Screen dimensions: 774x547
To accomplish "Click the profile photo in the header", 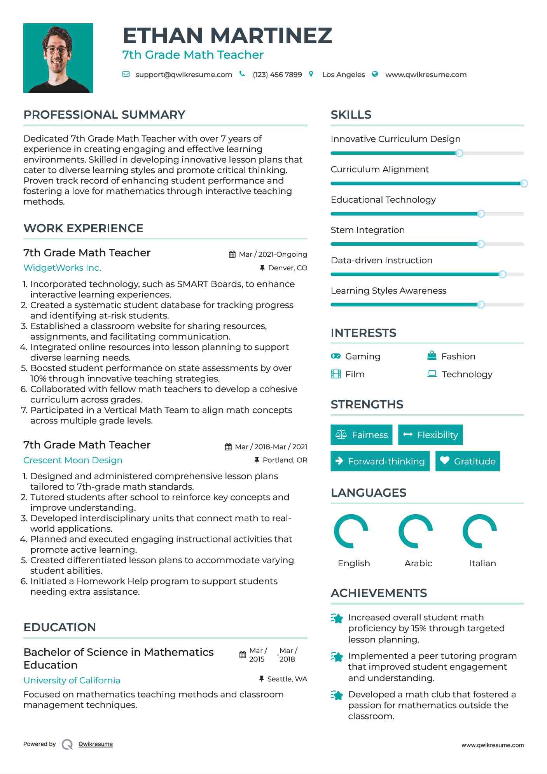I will (x=58, y=58).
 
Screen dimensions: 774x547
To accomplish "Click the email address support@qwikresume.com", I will (x=183, y=75).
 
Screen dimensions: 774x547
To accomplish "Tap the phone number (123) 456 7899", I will (x=277, y=75).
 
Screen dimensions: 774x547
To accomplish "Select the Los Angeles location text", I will (x=344, y=75).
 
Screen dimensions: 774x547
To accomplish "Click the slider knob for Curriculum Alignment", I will (x=524, y=183).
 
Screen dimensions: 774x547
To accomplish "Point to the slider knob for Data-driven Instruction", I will (x=502, y=274).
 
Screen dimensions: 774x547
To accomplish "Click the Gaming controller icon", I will (x=336, y=356).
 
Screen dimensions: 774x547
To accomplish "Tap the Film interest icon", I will (x=336, y=374).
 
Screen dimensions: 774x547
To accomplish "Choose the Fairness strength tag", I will (x=362, y=435).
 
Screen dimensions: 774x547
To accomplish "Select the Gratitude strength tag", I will (x=468, y=461).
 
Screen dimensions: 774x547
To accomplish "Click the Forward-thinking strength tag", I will (x=380, y=461).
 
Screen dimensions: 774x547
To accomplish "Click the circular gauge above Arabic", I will (x=415, y=531).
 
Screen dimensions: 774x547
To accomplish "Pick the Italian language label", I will (x=482, y=563).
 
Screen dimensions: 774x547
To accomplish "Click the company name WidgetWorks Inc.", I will (x=62, y=268).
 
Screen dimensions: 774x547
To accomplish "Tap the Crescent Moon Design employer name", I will (x=73, y=460).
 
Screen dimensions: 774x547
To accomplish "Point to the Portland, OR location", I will (x=285, y=460).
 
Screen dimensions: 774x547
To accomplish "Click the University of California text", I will (x=72, y=680).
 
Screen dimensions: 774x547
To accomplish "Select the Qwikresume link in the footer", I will (x=96, y=744).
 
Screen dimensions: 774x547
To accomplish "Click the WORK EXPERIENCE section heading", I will (x=84, y=228).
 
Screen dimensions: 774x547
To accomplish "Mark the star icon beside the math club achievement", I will (x=337, y=695).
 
